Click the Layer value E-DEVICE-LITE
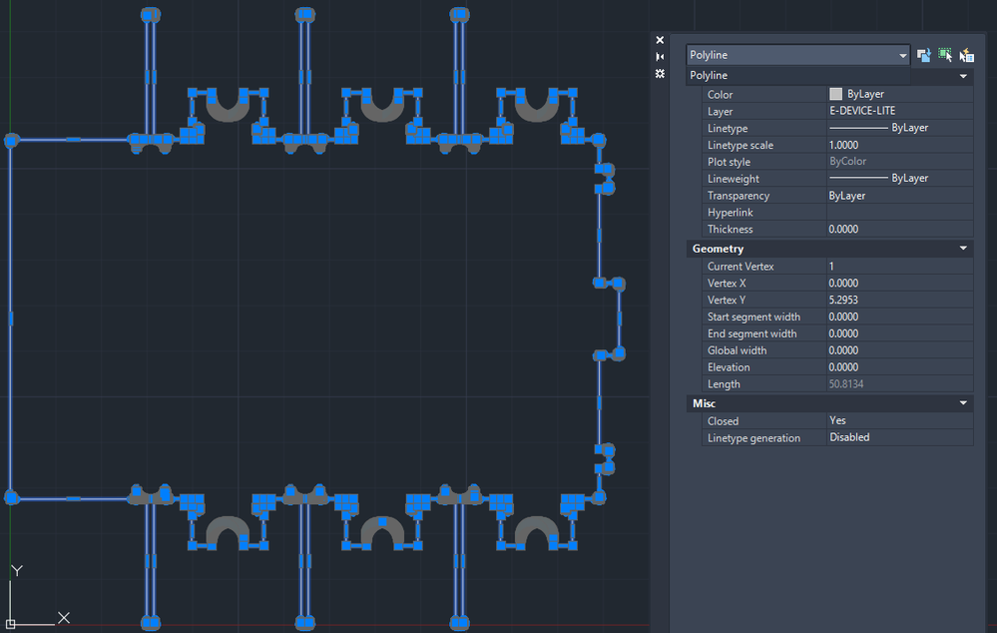tap(862, 111)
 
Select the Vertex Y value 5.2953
tap(843, 300)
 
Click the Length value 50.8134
tap(846, 384)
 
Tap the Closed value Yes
tap(837, 420)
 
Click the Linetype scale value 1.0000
tap(843, 145)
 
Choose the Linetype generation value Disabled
tap(849, 437)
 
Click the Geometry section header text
tap(718, 249)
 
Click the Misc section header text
tap(704, 403)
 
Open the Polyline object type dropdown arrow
tap(902, 55)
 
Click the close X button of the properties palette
tap(660, 40)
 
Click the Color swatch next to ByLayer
tap(835, 94)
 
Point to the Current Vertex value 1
tap(831, 266)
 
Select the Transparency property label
tap(739, 196)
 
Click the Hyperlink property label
tap(730, 213)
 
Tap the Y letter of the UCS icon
tap(17, 571)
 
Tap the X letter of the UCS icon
tap(64, 617)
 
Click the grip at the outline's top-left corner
tap(11, 141)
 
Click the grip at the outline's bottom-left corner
tap(11, 497)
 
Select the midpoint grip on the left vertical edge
tap(11, 318)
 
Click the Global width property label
tap(737, 350)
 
